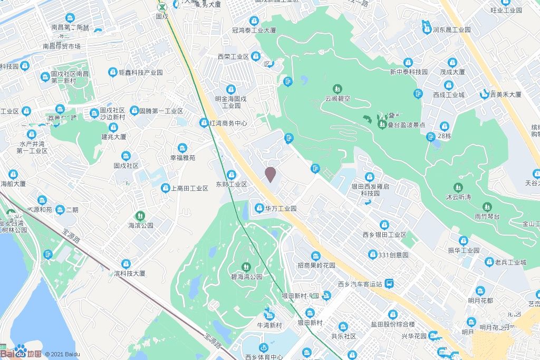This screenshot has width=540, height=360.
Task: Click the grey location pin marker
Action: (x=270, y=174)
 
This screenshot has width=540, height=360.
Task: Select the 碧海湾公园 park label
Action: (x=246, y=276)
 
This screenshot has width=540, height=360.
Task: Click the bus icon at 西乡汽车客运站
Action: (x=389, y=284)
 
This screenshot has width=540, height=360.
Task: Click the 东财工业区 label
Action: (x=232, y=184)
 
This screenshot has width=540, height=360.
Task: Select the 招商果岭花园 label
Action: (x=316, y=265)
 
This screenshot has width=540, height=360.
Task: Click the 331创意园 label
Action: (x=393, y=255)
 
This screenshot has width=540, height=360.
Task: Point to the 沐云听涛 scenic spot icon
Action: (x=458, y=187)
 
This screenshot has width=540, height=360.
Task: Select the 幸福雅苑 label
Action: (x=182, y=158)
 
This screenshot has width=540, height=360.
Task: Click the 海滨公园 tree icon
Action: (x=140, y=215)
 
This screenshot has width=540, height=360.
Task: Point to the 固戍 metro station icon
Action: (x=163, y=7)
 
